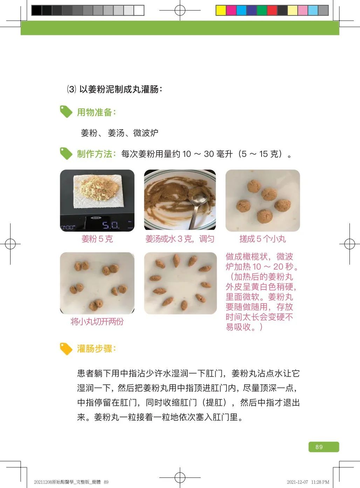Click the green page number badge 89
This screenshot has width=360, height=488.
tap(324, 447)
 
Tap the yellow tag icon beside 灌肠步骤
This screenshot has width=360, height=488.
tap(66, 349)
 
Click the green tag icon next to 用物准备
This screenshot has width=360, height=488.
tap(66, 112)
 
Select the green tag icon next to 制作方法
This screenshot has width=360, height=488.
tap(66, 153)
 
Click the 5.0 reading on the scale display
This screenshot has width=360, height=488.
tap(111, 225)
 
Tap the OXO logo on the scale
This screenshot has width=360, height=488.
tap(96, 218)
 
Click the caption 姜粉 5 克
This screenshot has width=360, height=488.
tap(97, 239)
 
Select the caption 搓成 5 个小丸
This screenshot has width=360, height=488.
tap(263, 239)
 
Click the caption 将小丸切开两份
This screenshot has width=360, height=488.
tap(97, 321)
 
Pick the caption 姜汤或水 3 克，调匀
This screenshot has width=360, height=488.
tap(180, 239)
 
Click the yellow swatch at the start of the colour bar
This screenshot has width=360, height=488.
tap(221, 10)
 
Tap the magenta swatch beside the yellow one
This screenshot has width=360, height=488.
tap(231, 10)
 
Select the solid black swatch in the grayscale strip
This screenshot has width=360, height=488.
tap(36, 10)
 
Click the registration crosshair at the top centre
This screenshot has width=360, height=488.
tap(180, 10)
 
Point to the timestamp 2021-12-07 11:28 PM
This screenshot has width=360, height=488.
tap(308, 482)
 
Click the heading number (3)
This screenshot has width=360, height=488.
tap(71, 89)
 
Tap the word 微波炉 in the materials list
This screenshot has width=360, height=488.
tap(146, 133)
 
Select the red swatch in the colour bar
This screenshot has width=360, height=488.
tap(272, 10)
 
